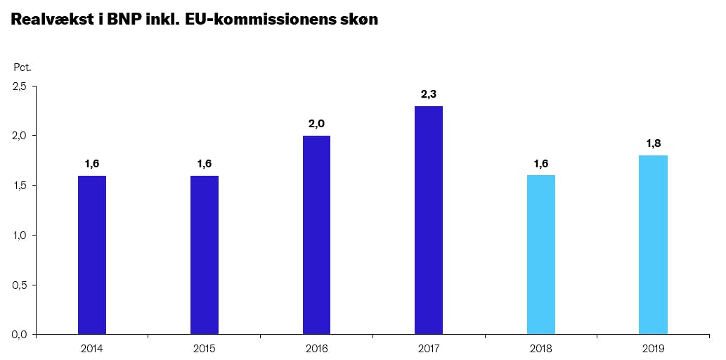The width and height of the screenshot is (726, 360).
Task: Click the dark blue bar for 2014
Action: [92, 255]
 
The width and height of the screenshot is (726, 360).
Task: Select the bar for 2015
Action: [204, 255]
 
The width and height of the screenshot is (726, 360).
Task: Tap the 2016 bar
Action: [316, 235]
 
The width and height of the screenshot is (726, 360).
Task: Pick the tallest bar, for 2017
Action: [429, 220]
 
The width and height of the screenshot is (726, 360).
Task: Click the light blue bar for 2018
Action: [540, 255]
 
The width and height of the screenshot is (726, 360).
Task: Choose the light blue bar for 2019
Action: [653, 245]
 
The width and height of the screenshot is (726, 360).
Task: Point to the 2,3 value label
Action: [429, 94]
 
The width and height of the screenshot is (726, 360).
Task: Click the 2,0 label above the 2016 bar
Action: [316, 124]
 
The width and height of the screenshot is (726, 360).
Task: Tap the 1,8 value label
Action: [654, 143]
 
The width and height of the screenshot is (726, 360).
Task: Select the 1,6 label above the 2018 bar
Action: [541, 164]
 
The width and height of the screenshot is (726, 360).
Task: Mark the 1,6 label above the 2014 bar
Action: [92, 164]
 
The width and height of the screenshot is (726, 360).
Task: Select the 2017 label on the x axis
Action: [429, 348]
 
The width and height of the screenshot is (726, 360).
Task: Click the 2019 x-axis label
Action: [653, 348]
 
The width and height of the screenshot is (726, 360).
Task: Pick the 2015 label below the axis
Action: [204, 348]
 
